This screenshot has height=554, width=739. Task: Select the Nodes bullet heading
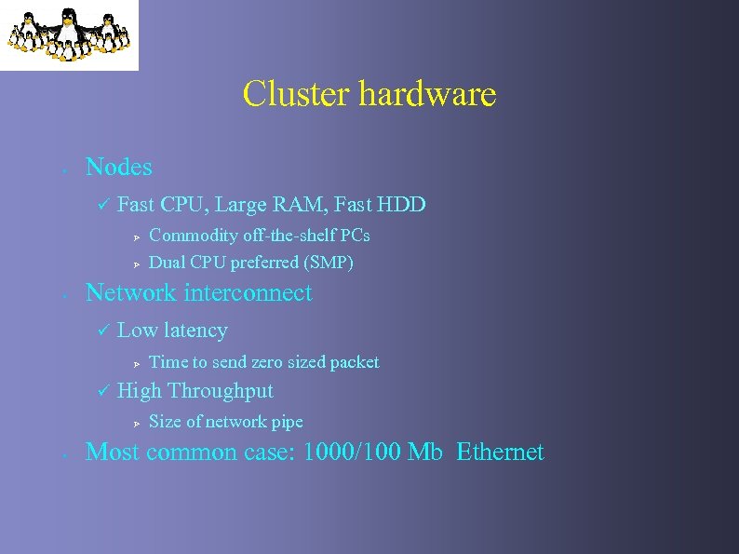118,168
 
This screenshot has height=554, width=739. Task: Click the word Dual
168,263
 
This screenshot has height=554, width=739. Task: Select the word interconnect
248,293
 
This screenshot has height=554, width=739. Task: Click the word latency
195,331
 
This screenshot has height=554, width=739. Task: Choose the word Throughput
221,391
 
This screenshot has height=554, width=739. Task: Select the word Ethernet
500,453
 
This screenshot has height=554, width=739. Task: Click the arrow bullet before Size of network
136,423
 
